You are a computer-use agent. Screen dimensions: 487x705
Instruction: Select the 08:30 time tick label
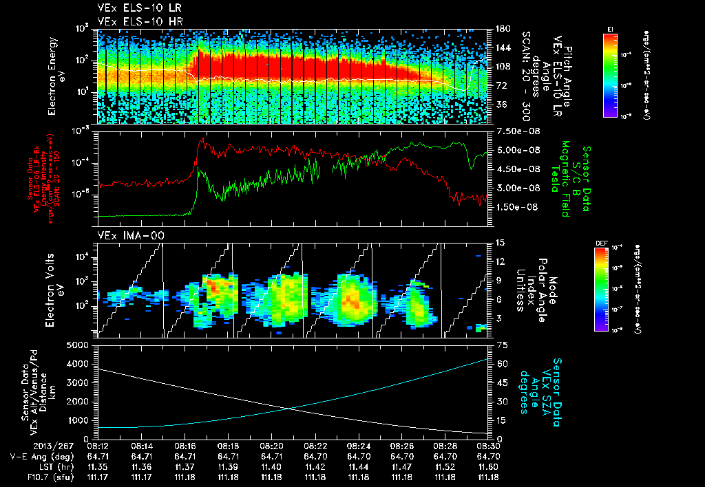tap(488, 446)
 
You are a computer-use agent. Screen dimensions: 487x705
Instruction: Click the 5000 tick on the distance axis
tap(81, 345)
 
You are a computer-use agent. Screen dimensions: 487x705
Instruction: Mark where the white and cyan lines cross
tap(286, 409)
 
